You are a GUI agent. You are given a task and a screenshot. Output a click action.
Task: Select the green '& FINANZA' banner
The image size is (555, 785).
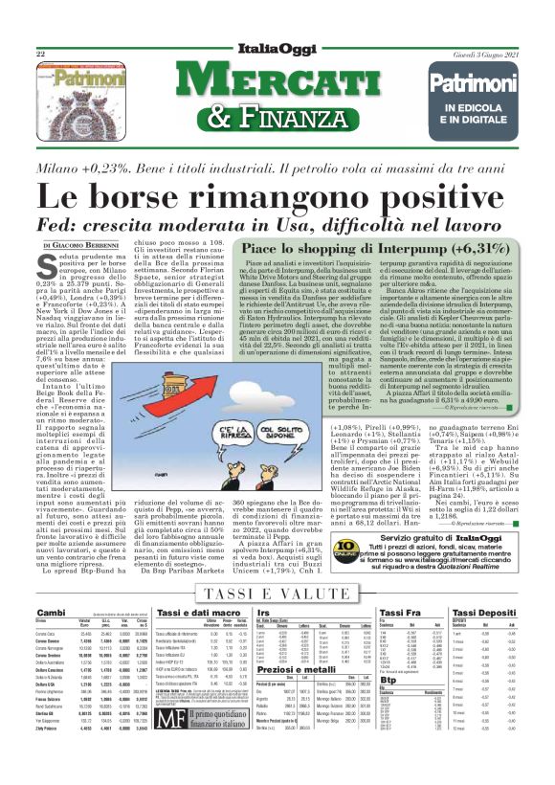click(277, 118)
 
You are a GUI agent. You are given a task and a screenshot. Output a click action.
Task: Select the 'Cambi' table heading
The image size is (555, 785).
click(52, 585)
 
